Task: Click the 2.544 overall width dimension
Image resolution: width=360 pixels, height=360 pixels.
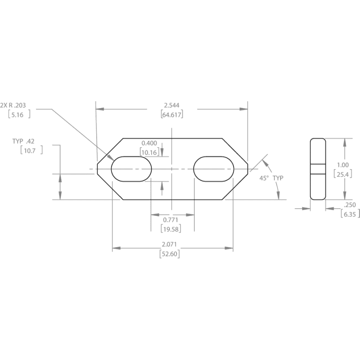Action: [171, 105]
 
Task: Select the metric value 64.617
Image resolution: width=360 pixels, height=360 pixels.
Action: [172, 115]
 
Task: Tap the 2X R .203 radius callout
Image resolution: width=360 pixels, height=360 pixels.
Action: [13, 105]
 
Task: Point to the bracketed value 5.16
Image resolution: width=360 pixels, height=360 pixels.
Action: [19, 115]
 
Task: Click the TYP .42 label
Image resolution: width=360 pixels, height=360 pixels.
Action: [23, 141]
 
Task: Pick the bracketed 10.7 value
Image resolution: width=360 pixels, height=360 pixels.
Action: [31, 150]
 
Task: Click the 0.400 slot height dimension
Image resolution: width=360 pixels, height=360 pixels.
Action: [149, 143]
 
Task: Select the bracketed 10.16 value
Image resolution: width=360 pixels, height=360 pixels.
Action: [149, 152]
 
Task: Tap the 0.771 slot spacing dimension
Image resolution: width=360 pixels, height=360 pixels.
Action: [171, 220]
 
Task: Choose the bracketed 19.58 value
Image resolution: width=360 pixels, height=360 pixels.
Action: [171, 229]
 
